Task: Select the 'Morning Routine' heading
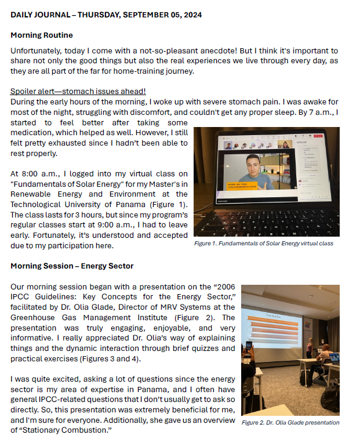42,35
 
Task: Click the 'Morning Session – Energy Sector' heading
72,266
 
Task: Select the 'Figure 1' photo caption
263,244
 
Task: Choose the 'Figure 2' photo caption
290,423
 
